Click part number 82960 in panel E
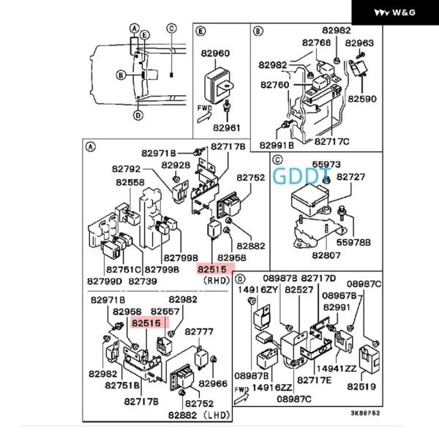click(x=221, y=53)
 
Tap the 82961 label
click(x=227, y=127)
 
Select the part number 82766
click(x=316, y=43)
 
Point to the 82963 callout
click(x=360, y=43)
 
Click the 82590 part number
click(x=362, y=97)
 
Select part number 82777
click(x=198, y=331)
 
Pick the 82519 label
click(x=361, y=386)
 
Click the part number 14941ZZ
click(x=341, y=369)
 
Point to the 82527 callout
click(x=299, y=290)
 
